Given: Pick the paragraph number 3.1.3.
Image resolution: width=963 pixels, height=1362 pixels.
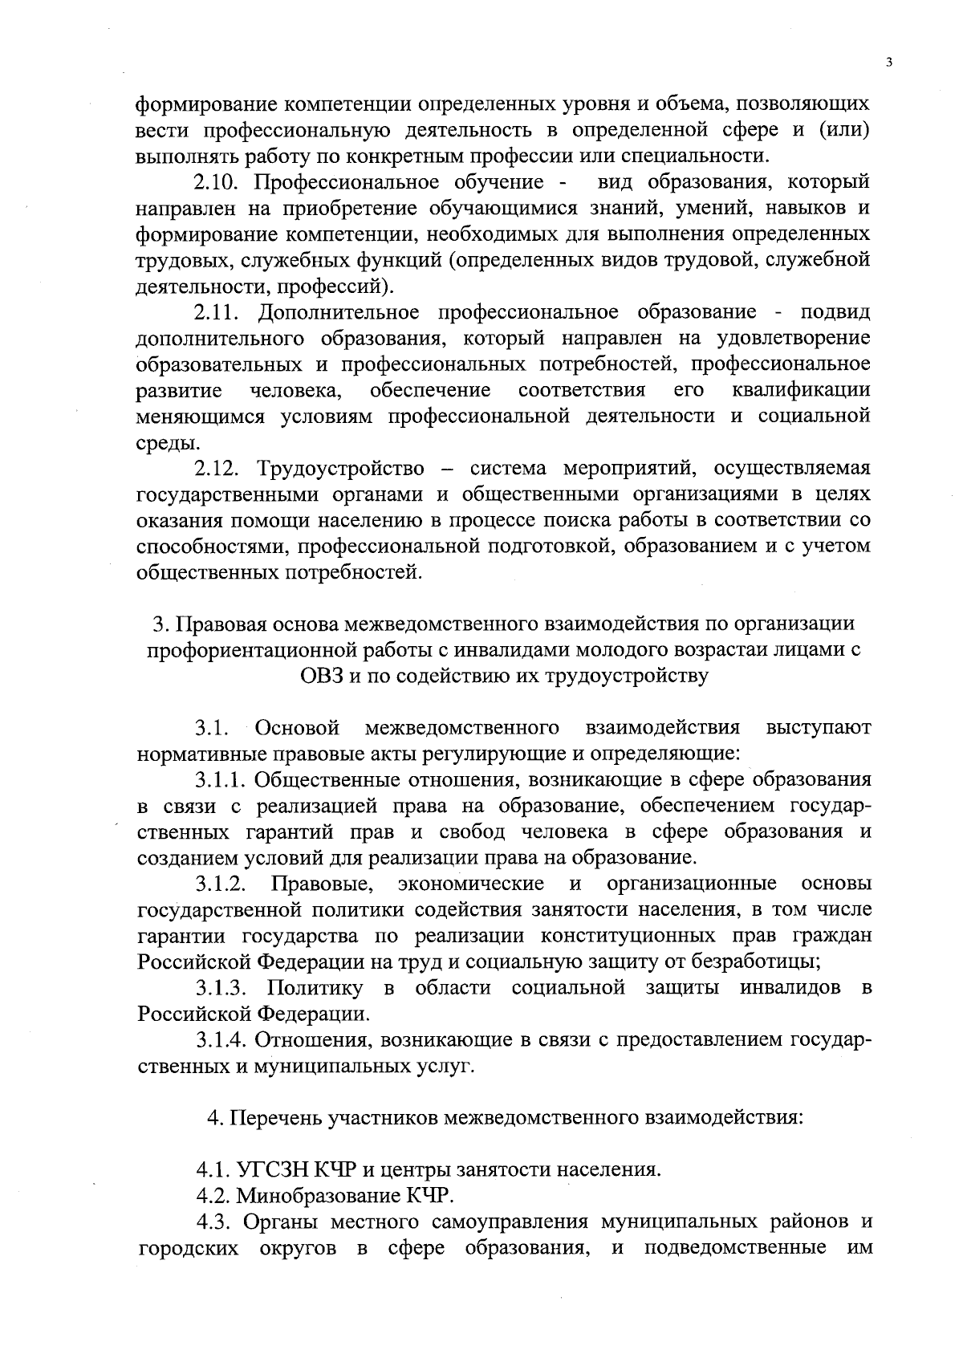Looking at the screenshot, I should coord(221,987).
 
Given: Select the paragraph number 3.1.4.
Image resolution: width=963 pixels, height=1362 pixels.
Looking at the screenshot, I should coord(222,1040).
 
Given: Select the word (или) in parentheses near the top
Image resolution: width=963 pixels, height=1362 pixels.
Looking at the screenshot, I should coord(844,130).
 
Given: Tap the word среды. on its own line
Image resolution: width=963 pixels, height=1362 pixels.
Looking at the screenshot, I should coord(167,442).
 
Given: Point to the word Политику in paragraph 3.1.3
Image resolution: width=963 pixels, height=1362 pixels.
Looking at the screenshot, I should coord(314,987).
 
